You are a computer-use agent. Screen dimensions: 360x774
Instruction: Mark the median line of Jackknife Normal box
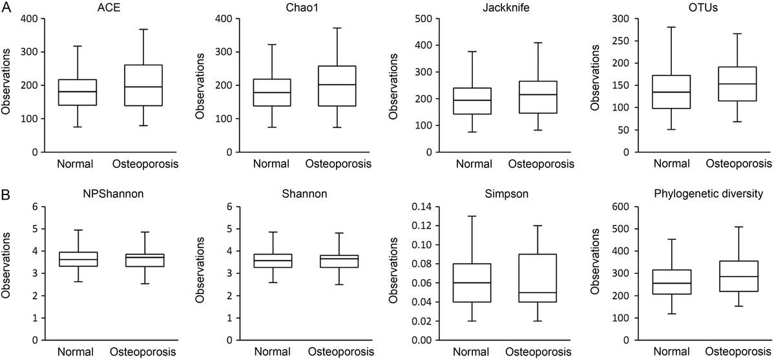click(472, 100)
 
